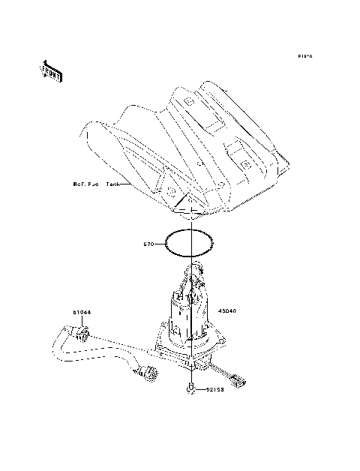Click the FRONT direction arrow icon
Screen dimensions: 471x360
[51, 70]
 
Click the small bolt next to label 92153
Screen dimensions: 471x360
[192, 389]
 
